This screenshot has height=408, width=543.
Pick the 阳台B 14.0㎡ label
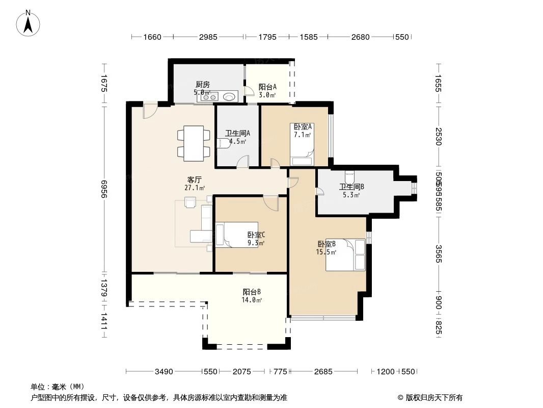(x=252, y=296)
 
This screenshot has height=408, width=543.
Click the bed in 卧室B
(x=346, y=254)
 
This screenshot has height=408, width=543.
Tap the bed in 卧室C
(x=236, y=235)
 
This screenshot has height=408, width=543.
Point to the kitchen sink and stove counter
(x=219, y=96)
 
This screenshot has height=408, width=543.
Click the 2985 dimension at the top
(x=208, y=37)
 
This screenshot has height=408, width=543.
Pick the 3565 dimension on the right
(x=439, y=253)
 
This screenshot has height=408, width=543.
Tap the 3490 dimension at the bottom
(x=165, y=371)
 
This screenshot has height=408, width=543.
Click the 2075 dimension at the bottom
(x=241, y=371)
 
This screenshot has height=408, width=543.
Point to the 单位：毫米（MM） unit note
(x=58, y=387)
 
